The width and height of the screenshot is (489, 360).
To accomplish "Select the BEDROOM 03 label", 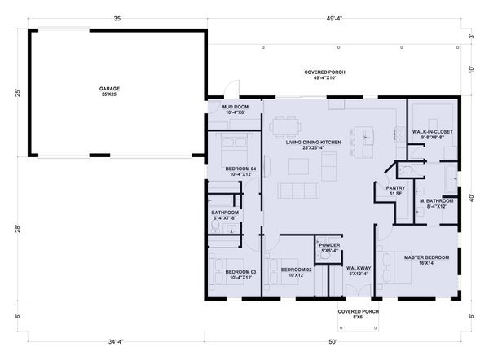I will [x=241, y=274].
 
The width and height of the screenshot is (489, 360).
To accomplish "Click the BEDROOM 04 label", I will [x=241, y=171].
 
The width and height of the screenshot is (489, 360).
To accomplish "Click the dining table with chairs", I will [x=285, y=125].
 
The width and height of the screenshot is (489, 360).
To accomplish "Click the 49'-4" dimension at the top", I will [x=333, y=18].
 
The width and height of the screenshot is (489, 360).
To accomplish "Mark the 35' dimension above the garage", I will [x=118, y=18].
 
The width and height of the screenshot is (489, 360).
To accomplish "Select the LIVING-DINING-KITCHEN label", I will [x=308, y=145].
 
